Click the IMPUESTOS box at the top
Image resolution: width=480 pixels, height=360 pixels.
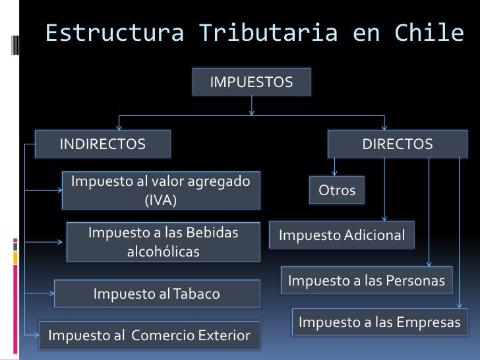[x=251, y=82]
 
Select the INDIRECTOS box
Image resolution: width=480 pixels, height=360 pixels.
[x=104, y=144]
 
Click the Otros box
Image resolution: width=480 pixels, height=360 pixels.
[x=337, y=191]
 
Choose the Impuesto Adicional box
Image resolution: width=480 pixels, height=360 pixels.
[x=342, y=235]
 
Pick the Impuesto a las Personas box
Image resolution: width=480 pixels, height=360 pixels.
[x=366, y=281]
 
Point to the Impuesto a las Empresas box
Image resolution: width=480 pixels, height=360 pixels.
[x=379, y=322]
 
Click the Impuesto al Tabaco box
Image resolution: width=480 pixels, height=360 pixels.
[x=156, y=293]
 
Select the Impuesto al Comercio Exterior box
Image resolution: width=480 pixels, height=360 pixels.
[x=149, y=336]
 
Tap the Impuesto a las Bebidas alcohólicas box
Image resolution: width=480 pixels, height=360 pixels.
[x=163, y=242]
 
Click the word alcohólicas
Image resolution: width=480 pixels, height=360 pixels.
[x=163, y=252]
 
